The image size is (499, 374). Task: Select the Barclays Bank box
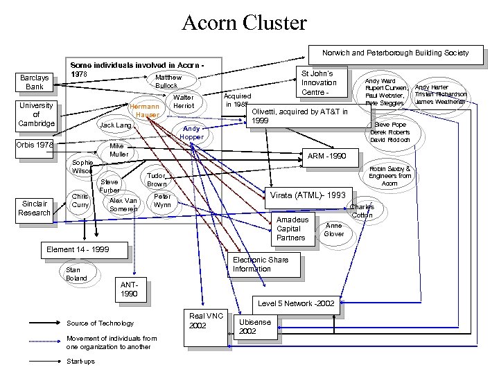point(34,82)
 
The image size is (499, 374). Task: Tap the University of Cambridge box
point(35,115)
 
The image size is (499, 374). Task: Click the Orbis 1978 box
point(35,145)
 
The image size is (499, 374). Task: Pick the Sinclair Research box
point(35,208)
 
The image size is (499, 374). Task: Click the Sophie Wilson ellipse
point(82,166)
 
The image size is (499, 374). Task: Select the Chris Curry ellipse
point(80,201)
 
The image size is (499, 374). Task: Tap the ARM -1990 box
point(331,157)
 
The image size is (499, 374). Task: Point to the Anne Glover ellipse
point(333,229)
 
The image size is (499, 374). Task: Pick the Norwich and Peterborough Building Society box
point(394,53)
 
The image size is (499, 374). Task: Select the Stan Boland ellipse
point(76,274)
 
